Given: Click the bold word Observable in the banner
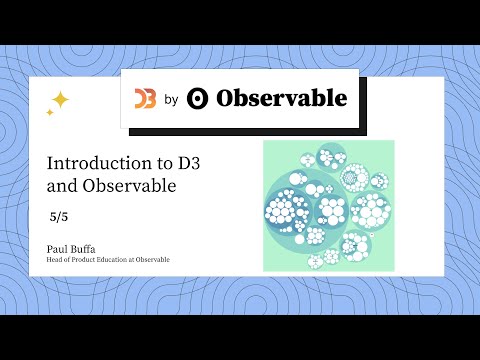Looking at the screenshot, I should [281, 98].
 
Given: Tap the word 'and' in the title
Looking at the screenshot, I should [62, 185].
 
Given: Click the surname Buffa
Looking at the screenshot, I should [86, 247].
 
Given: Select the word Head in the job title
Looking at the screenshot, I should [54, 260].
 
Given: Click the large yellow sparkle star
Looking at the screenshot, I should [60, 99].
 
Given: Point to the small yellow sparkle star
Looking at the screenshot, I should [50, 113].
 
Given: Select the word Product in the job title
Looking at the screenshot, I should [84, 260].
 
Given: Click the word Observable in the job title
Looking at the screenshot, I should [152, 260].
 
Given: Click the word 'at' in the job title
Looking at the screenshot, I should [131, 260].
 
